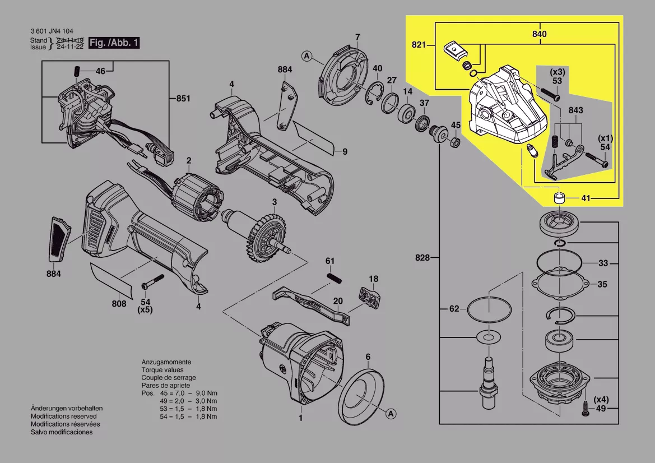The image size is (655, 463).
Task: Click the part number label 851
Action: tap(183, 99)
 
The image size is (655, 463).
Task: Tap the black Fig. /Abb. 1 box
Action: tap(114, 43)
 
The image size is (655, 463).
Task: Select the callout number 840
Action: tap(539, 34)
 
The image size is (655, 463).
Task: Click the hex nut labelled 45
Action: tap(456, 142)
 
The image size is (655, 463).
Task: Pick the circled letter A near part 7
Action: tap(306, 55)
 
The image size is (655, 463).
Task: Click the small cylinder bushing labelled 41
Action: tap(558, 198)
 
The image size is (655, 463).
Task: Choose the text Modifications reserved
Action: tap(63, 416)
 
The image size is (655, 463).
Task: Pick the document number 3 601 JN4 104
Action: tap(52, 31)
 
